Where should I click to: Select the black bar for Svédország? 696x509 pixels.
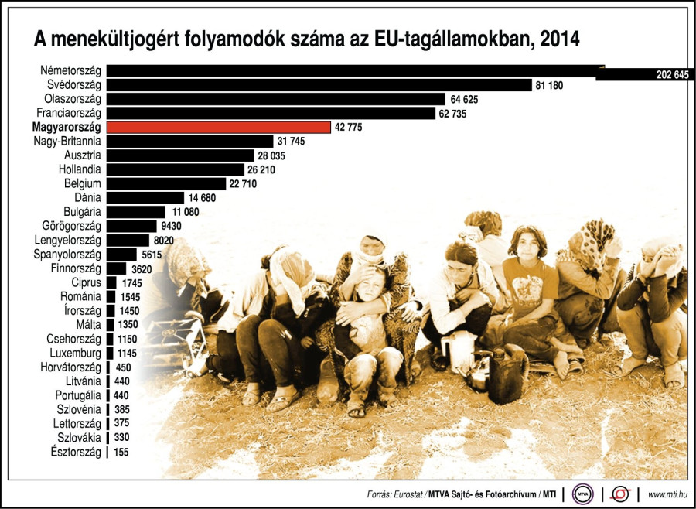click(x=319, y=85)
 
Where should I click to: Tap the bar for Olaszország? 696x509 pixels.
click(x=275, y=99)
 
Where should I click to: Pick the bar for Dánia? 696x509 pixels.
click(x=145, y=197)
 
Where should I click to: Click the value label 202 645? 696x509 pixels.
click(x=666, y=75)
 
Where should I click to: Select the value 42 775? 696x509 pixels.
click(x=347, y=128)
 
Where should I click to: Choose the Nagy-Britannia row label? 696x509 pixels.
click(x=67, y=142)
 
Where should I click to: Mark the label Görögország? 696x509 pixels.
click(x=72, y=226)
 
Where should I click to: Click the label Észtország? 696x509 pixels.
click(x=76, y=452)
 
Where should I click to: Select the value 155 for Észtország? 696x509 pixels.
click(x=122, y=452)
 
